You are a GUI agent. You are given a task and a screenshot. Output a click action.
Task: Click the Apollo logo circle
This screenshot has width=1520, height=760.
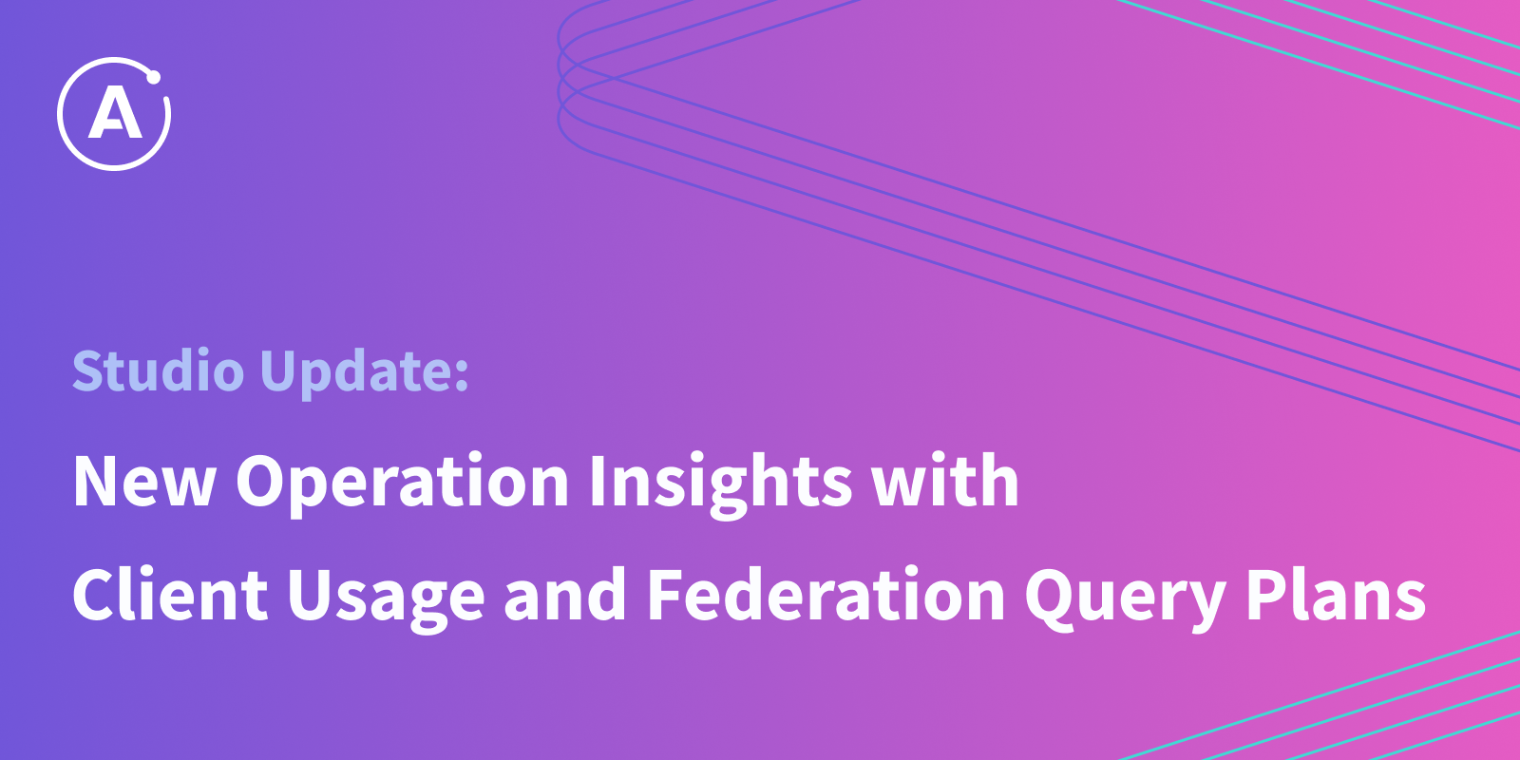tap(60, 114)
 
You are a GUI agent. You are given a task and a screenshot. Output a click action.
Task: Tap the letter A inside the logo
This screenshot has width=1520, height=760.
tap(115, 114)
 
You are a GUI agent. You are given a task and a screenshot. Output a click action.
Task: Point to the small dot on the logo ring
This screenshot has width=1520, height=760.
tap(153, 77)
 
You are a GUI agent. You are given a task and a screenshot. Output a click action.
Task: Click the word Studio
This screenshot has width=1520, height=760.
tap(158, 370)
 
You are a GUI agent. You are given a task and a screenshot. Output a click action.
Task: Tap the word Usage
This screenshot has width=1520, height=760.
tap(386, 598)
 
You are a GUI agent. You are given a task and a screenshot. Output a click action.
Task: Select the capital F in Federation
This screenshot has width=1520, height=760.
tap(666, 595)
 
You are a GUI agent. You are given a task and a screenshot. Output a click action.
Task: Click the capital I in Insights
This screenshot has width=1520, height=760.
tap(598, 481)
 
